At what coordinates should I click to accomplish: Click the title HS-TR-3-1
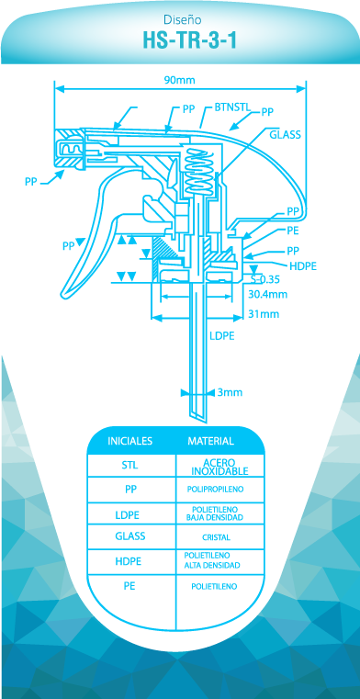189,40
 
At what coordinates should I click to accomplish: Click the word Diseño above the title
182,19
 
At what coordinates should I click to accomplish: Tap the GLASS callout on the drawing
285,135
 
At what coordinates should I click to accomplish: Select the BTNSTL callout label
232,107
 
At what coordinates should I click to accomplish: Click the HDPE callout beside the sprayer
303,266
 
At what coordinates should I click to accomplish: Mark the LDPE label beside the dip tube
222,335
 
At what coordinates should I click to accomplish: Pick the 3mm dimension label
230,392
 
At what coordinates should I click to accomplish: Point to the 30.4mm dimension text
267,294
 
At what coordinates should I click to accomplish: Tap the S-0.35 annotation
264,280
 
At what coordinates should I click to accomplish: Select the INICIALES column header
130,441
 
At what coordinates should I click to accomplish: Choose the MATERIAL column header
210,441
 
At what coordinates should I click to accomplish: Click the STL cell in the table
130,466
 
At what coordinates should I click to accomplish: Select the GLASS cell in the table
130,536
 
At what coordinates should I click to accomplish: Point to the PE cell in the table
129,586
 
